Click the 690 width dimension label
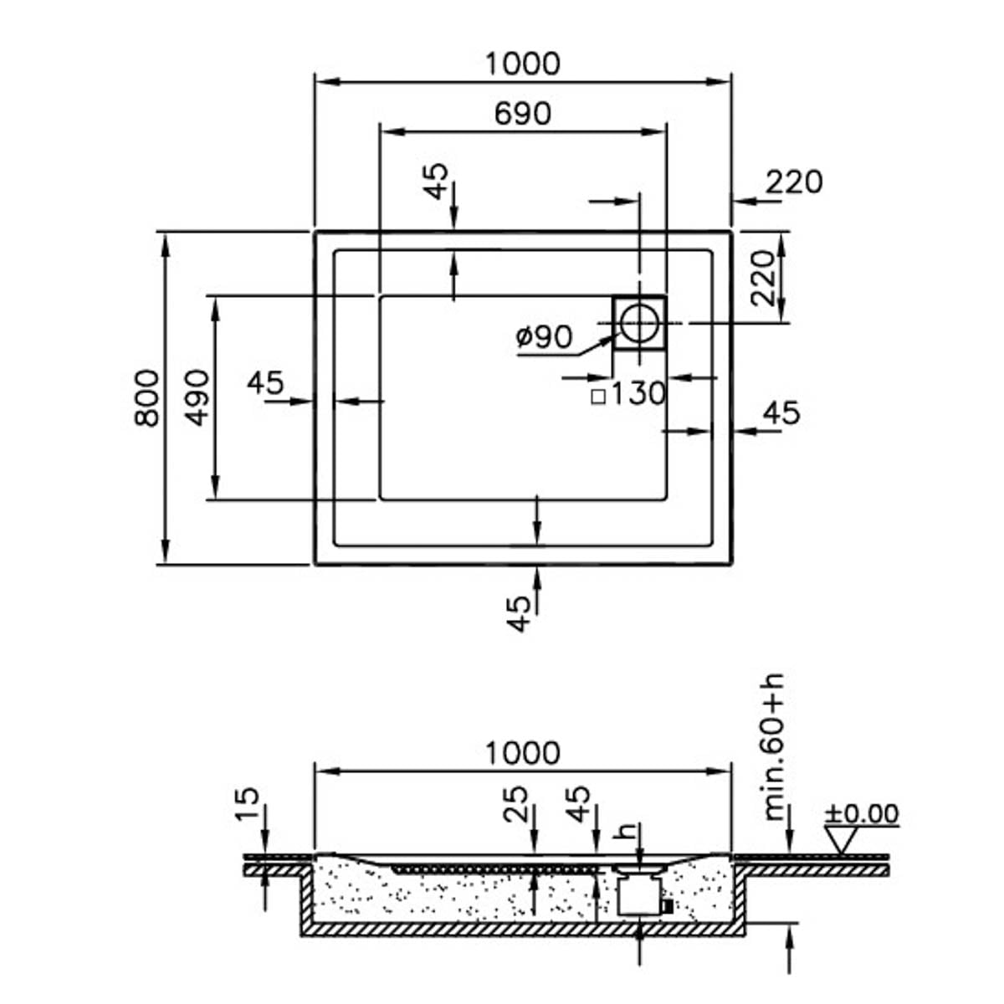click(522, 113)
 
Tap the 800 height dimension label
click(147, 398)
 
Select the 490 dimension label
click(197, 397)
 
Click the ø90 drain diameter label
click(544, 336)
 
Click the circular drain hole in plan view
click(639, 323)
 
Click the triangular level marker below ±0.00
click(841, 840)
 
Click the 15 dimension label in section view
click(247, 804)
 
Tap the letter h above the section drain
click(625, 830)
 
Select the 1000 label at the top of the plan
click(523, 64)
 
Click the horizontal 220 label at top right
click(794, 182)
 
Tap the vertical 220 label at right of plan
click(763, 278)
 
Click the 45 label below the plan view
click(519, 614)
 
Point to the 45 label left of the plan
click(265, 382)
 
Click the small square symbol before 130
click(599, 397)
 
